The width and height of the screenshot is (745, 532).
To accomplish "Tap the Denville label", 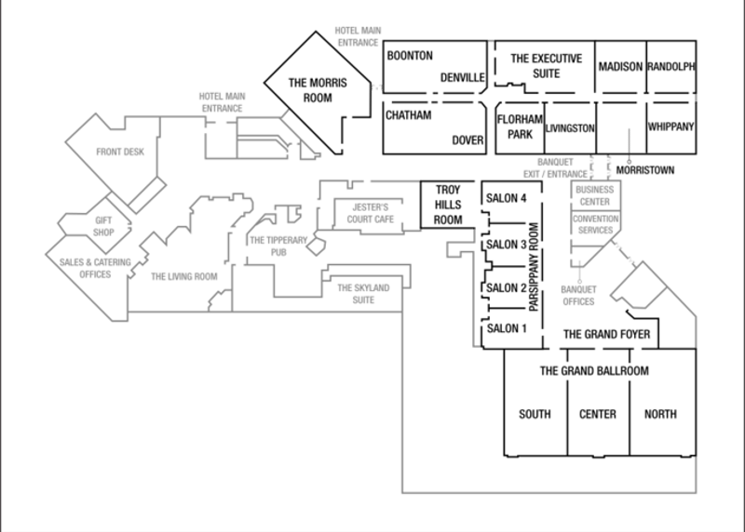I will (464, 75).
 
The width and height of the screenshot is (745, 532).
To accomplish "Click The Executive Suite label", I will (547, 65).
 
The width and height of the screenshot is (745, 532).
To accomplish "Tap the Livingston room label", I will (570, 128).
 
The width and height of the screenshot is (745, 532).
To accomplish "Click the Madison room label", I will (619, 66).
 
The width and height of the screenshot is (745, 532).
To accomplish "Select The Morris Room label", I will (317, 89).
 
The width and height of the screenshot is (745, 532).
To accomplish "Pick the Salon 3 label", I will (507, 245).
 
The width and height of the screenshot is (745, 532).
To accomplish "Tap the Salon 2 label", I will (507, 286).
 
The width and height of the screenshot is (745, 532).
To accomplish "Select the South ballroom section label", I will (535, 414).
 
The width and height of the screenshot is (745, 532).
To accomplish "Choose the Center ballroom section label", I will (597, 414).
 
